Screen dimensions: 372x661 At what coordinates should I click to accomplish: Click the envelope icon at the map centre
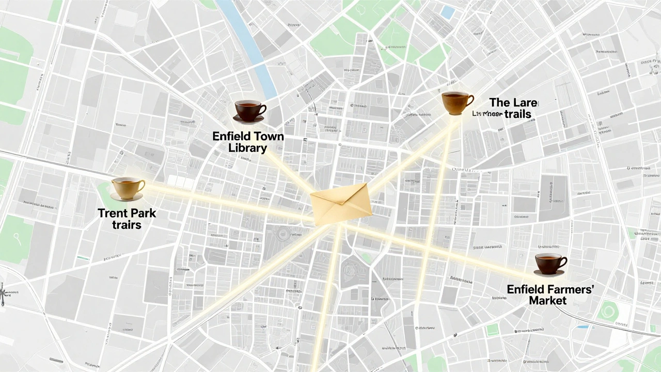coord(342,204)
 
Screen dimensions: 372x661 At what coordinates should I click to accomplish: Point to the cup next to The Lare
coord(457,102)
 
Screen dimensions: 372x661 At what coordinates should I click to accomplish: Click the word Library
coord(248,148)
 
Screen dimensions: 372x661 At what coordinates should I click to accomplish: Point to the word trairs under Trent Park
coord(127,225)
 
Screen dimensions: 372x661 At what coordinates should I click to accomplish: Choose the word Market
coord(548,300)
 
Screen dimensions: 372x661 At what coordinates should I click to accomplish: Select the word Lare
coord(526,102)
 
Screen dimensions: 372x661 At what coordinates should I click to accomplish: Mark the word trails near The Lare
coord(518,114)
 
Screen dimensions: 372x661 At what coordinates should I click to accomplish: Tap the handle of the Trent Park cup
coord(141,184)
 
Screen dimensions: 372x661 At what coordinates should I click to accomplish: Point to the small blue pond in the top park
coord(448,12)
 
